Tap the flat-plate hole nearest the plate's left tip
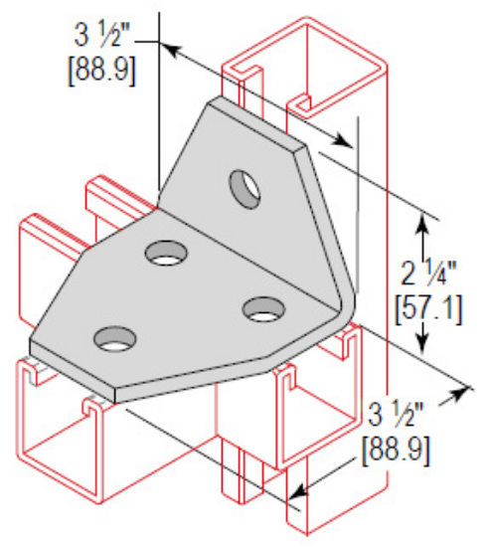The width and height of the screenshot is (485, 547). pos(115,340)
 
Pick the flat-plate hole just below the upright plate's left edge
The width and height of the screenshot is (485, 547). pos(164,254)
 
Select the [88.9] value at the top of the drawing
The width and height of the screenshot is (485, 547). pos(103,72)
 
